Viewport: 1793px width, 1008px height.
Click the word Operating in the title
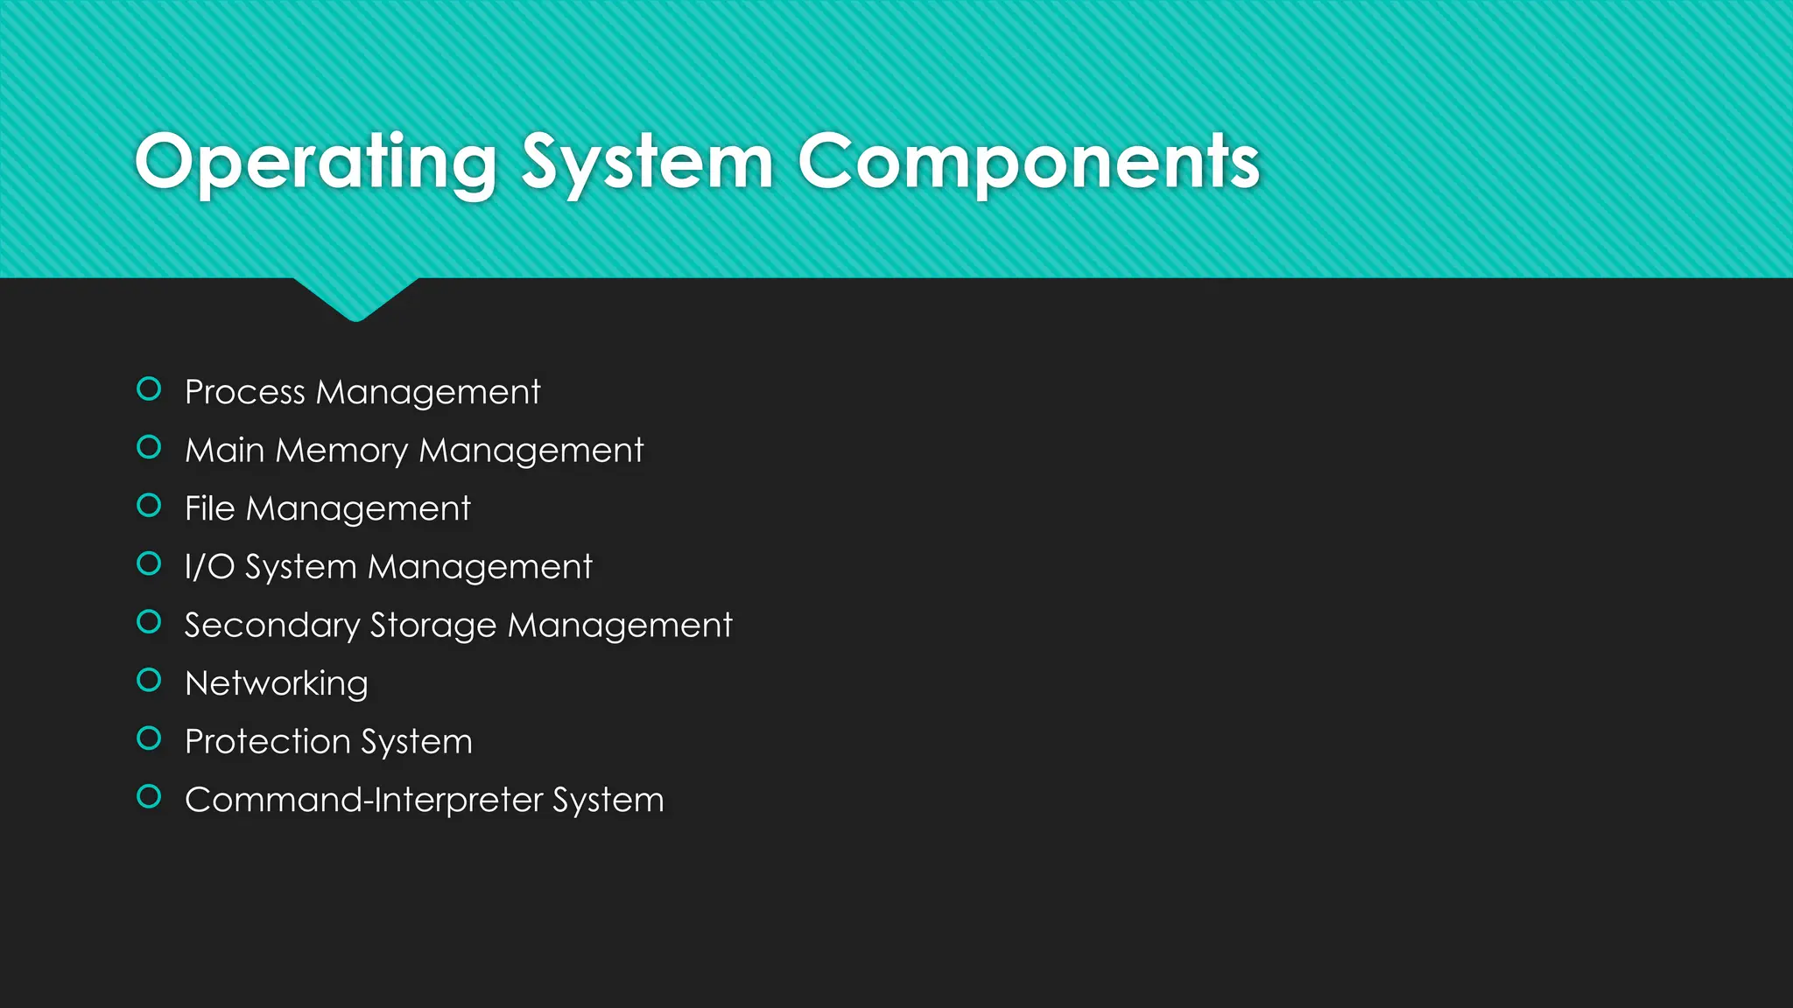click(316, 163)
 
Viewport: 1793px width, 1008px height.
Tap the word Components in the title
click(1028, 163)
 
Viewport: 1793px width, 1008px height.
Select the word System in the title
click(647, 163)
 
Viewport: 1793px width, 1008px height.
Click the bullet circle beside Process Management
click(150, 388)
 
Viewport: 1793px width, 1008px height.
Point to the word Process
click(244, 392)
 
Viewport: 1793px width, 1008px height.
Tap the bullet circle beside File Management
click(150, 505)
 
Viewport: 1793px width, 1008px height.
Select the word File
click(209, 508)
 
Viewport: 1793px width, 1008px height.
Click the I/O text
click(209, 567)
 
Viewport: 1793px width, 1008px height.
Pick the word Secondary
click(272, 626)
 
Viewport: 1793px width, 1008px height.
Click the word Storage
click(433, 626)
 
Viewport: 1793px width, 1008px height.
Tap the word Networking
click(277, 683)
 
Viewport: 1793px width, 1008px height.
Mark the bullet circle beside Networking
click(150, 680)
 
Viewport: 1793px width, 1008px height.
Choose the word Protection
click(268, 742)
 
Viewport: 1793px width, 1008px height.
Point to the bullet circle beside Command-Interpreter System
click(150, 796)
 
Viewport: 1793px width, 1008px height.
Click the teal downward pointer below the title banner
click(355, 298)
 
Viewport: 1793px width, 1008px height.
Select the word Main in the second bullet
click(224, 451)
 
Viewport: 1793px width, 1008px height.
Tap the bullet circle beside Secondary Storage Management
click(150, 621)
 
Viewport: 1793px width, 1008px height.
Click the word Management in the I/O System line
click(480, 567)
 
